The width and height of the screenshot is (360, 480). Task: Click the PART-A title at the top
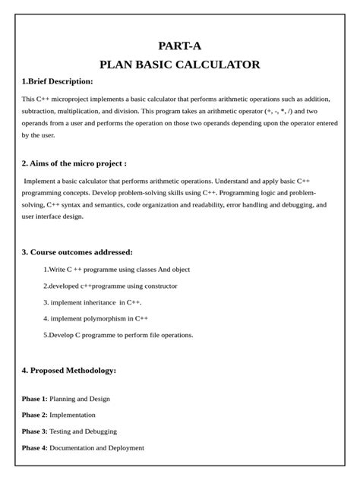[x=179, y=46]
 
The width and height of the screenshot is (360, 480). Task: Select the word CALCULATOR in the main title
[x=219, y=65]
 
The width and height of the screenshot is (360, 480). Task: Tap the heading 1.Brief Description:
[x=57, y=81]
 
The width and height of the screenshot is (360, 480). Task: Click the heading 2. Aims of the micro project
[x=74, y=163]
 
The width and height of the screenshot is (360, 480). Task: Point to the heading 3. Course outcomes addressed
[x=77, y=251]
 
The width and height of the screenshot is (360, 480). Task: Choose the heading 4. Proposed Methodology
[x=68, y=370]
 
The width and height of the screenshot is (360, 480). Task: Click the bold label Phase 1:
[x=34, y=399]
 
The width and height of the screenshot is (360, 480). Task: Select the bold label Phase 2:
[x=34, y=415]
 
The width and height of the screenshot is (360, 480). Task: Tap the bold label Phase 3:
[x=34, y=431]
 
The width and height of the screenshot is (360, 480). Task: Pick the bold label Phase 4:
[x=34, y=447]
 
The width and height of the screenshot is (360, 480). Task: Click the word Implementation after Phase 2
[x=73, y=415]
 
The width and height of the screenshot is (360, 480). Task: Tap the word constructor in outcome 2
[x=159, y=286]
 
